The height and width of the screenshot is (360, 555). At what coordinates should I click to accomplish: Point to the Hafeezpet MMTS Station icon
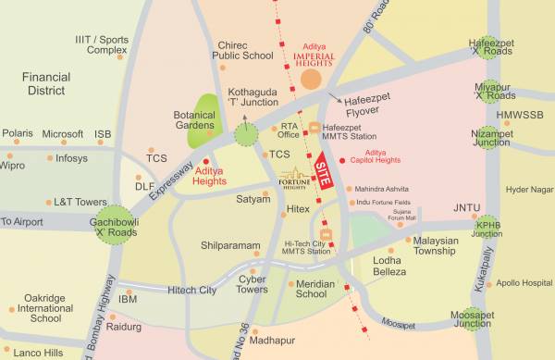coord(314,128)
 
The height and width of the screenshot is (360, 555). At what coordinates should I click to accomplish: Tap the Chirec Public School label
coord(243,50)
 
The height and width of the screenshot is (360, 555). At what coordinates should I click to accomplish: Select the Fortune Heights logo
coord(296,177)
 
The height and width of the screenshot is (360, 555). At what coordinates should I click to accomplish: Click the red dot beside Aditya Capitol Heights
coord(344,160)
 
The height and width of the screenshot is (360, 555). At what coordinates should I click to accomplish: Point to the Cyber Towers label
coord(253,283)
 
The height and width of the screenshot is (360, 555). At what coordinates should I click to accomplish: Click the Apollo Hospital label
coord(524,283)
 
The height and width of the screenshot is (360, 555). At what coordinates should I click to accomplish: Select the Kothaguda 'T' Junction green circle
coord(246,136)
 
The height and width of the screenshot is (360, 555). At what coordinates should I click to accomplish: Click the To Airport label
coord(21,222)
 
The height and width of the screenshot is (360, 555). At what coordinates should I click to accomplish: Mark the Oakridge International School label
coord(45,307)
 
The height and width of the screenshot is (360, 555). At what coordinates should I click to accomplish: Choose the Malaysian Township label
coord(435,244)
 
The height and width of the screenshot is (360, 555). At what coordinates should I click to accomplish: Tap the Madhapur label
coord(273,341)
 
